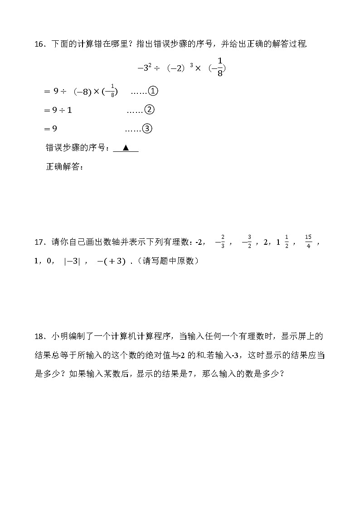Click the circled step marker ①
pyautogui.click(x=153, y=92)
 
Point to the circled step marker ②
pyautogui.click(x=149, y=110)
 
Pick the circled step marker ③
pyautogui.click(x=147, y=129)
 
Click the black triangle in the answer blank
pyautogui.click(x=126, y=148)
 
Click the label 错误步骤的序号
pyautogui.click(x=76, y=148)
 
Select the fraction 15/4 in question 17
pyautogui.click(x=308, y=242)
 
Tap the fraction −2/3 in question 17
pyautogui.click(x=220, y=242)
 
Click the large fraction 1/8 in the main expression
pyautogui.click(x=220, y=67)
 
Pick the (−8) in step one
pyautogui.click(x=82, y=92)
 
